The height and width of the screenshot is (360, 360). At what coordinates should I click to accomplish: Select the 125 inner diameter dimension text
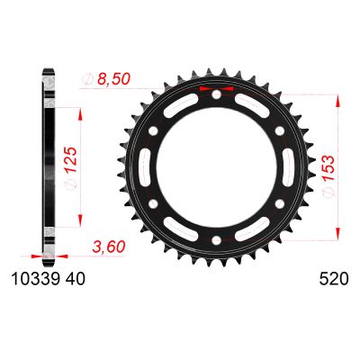(68, 160)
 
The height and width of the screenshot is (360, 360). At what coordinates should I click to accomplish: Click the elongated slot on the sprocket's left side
(144, 168)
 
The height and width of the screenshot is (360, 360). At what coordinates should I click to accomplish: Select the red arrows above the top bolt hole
(217, 91)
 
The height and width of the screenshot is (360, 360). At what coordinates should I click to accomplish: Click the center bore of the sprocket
(217, 168)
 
